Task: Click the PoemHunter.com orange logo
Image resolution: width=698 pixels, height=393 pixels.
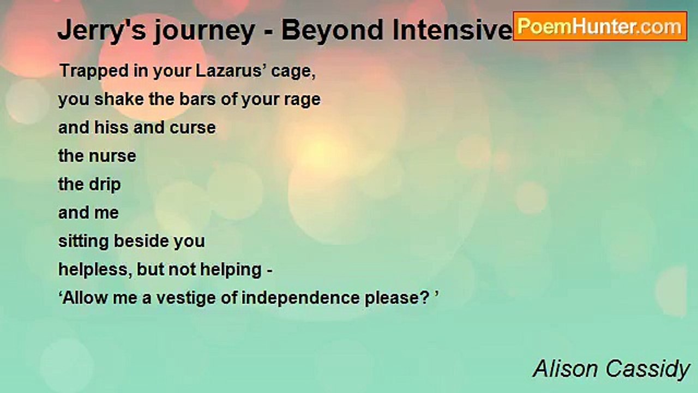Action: (x=600, y=26)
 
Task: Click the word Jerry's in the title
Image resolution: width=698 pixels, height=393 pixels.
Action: (x=102, y=30)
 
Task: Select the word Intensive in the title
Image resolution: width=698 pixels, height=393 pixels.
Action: (x=453, y=30)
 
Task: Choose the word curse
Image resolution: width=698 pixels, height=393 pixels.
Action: (x=192, y=128)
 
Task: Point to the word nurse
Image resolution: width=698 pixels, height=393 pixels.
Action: (x=112, y=156)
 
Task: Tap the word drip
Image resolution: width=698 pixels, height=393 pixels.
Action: (x=105, y=184)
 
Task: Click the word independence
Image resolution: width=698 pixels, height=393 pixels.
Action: (x=300, y=298)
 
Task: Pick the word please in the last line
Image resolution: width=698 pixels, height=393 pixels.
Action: (x=393, y=299)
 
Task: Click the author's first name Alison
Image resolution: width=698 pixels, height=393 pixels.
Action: (x=567, y=369)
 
